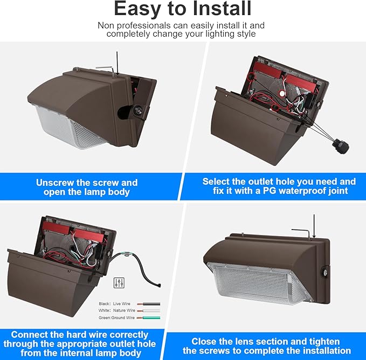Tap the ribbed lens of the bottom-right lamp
click(x=259, y=283)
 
